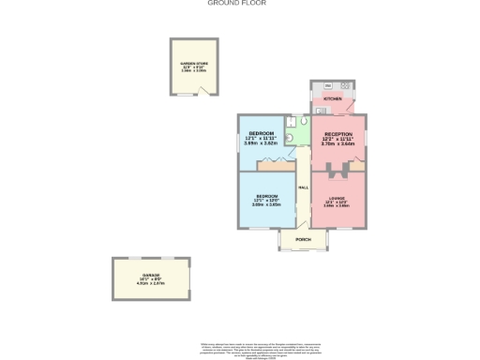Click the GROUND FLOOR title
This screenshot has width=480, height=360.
coord(236,4)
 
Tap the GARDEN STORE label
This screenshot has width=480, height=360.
coord(194,63)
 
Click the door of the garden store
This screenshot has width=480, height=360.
coord(204,91)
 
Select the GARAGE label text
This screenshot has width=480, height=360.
coord(138,274)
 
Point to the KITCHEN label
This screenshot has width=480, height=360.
coord(333,98)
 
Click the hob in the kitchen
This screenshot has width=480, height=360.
coord(345,86)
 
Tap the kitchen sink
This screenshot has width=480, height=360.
coord(316,86)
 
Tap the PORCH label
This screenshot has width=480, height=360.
coord(303,240)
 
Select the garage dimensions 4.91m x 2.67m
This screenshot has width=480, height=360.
coord(139,284)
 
